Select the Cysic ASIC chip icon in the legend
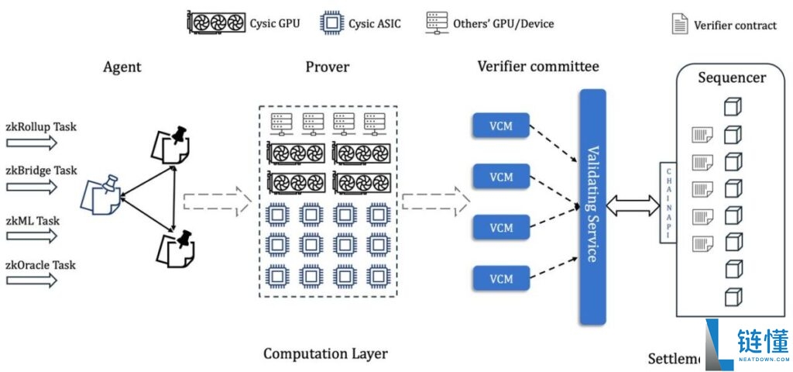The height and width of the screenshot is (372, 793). tap(332, 22)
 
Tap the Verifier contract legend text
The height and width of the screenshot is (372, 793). tap(734, 25)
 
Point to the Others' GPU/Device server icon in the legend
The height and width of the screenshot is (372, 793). tap(437, 22)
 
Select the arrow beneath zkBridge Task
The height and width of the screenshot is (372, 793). tap(32, 187)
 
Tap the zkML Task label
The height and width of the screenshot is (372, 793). tap(33, 220)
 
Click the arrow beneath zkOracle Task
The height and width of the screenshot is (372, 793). tap(32, 281)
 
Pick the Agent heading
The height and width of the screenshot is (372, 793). tap(122, 67)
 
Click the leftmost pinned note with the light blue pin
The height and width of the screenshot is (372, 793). tap(101, 194)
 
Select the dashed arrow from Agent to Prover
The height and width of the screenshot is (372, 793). tap(218, 202)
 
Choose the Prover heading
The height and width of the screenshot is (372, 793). tap(327, 67)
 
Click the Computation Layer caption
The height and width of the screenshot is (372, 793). tap(325, 354)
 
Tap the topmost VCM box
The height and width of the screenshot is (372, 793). tap(501, 126)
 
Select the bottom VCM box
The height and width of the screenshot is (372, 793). tap(501, 278)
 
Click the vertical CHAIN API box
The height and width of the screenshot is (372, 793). tap(667, 203)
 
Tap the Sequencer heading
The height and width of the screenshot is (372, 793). tap(731, 77)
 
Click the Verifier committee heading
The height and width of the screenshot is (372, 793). tap(537, 67)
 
